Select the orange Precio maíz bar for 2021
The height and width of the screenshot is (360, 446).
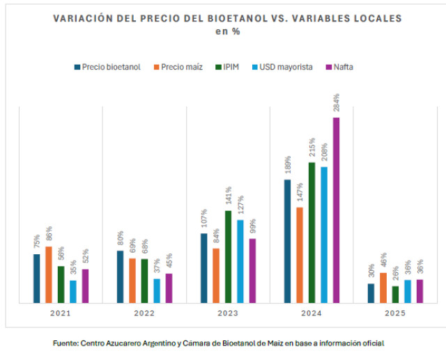click(x=49, y=275)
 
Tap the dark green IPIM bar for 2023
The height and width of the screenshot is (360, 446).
click(x=228, y=257)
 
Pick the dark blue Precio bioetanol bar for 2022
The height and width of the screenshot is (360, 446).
click(x=120, y=277)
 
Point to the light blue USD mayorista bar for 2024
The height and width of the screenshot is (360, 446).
click(x=324, y=235)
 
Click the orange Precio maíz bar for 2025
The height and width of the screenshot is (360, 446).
click(x=383, y=288)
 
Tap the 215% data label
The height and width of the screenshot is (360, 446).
click(x=312, y=149)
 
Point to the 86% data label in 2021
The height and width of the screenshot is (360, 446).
click(x=49, y=235)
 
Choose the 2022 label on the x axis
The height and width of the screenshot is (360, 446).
click(x=144, y=314)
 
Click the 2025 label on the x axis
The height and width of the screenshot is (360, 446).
click(x=395, y=314)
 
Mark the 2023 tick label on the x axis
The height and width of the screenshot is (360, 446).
click(x=228, y=314)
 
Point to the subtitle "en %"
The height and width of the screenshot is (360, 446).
click(x=227, y=31)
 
